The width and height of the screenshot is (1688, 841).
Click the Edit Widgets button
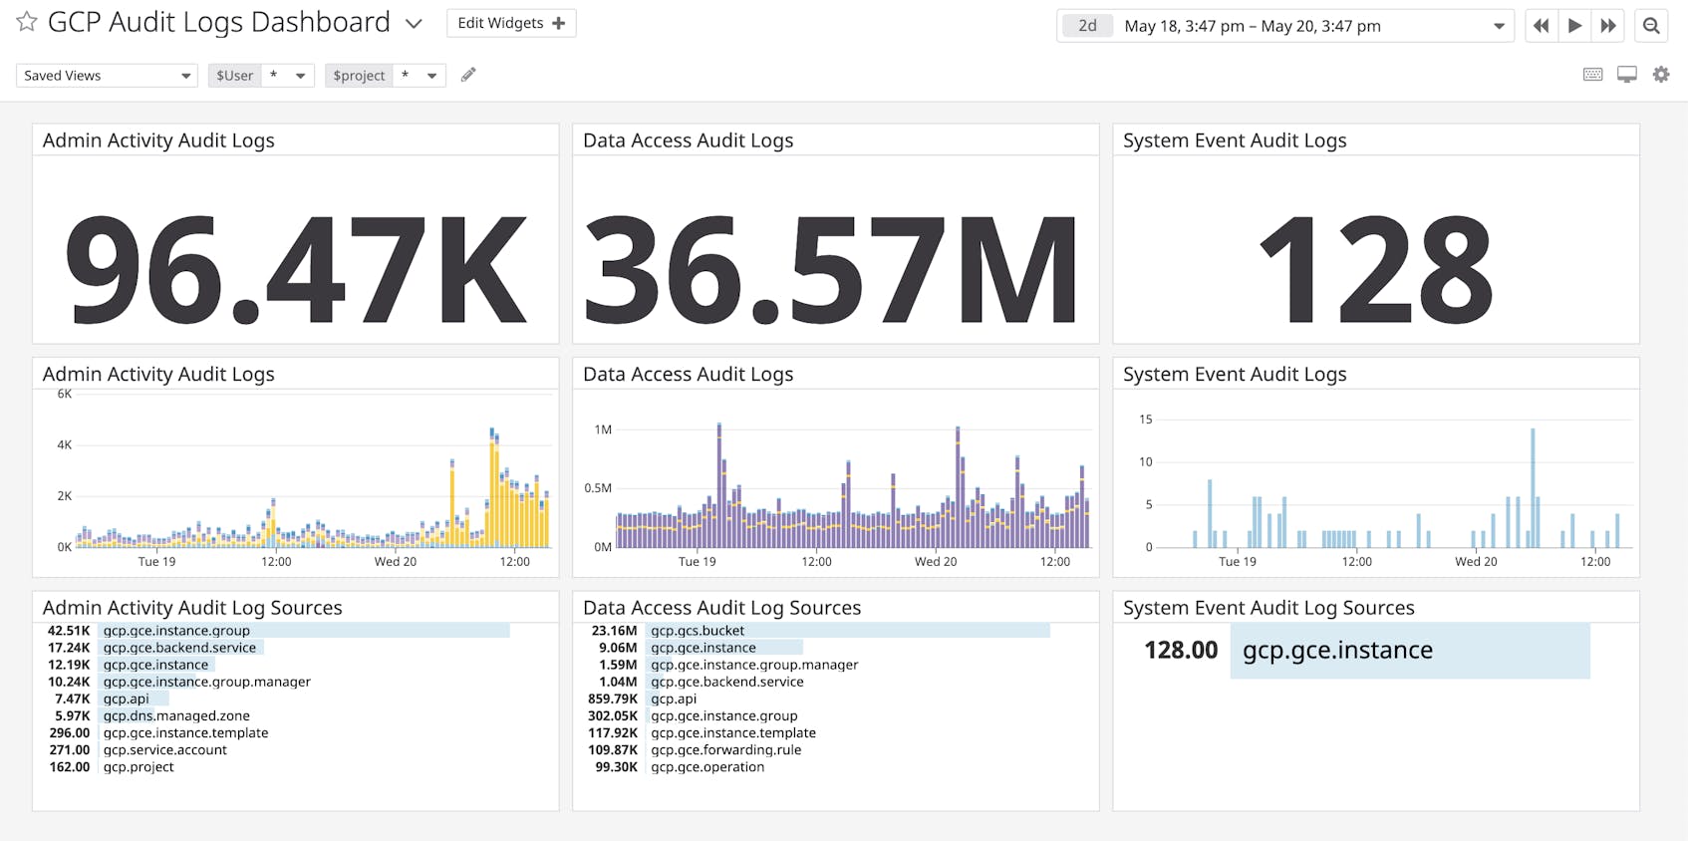pos(510,23)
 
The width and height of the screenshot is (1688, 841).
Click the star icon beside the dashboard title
pos(27,22)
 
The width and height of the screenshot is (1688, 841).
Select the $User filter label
pos(235,76)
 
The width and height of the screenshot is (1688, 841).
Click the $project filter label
pos(359,76)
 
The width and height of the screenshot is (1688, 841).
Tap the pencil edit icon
pos(468,75)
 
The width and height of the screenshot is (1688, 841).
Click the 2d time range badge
pos(1087,26)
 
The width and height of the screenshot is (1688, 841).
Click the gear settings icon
pos(1660,75)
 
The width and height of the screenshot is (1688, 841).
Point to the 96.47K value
pos(295,269)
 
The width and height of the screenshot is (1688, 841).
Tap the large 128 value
pos(1375,269)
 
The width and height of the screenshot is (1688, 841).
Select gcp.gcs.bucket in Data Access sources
pos(698,631)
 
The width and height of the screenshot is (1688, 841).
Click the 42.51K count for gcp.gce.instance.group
pos(69,631)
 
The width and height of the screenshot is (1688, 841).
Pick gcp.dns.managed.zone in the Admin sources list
pos(176,715)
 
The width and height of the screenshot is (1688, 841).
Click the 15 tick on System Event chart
pos(1145,420)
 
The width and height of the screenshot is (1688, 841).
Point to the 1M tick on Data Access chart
pos(603,429)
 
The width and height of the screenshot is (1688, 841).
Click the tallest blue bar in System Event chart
pos(1533,488)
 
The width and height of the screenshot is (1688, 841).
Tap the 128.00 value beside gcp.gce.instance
pos(1181,651)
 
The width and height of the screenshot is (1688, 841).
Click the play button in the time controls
pos(1574,26)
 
